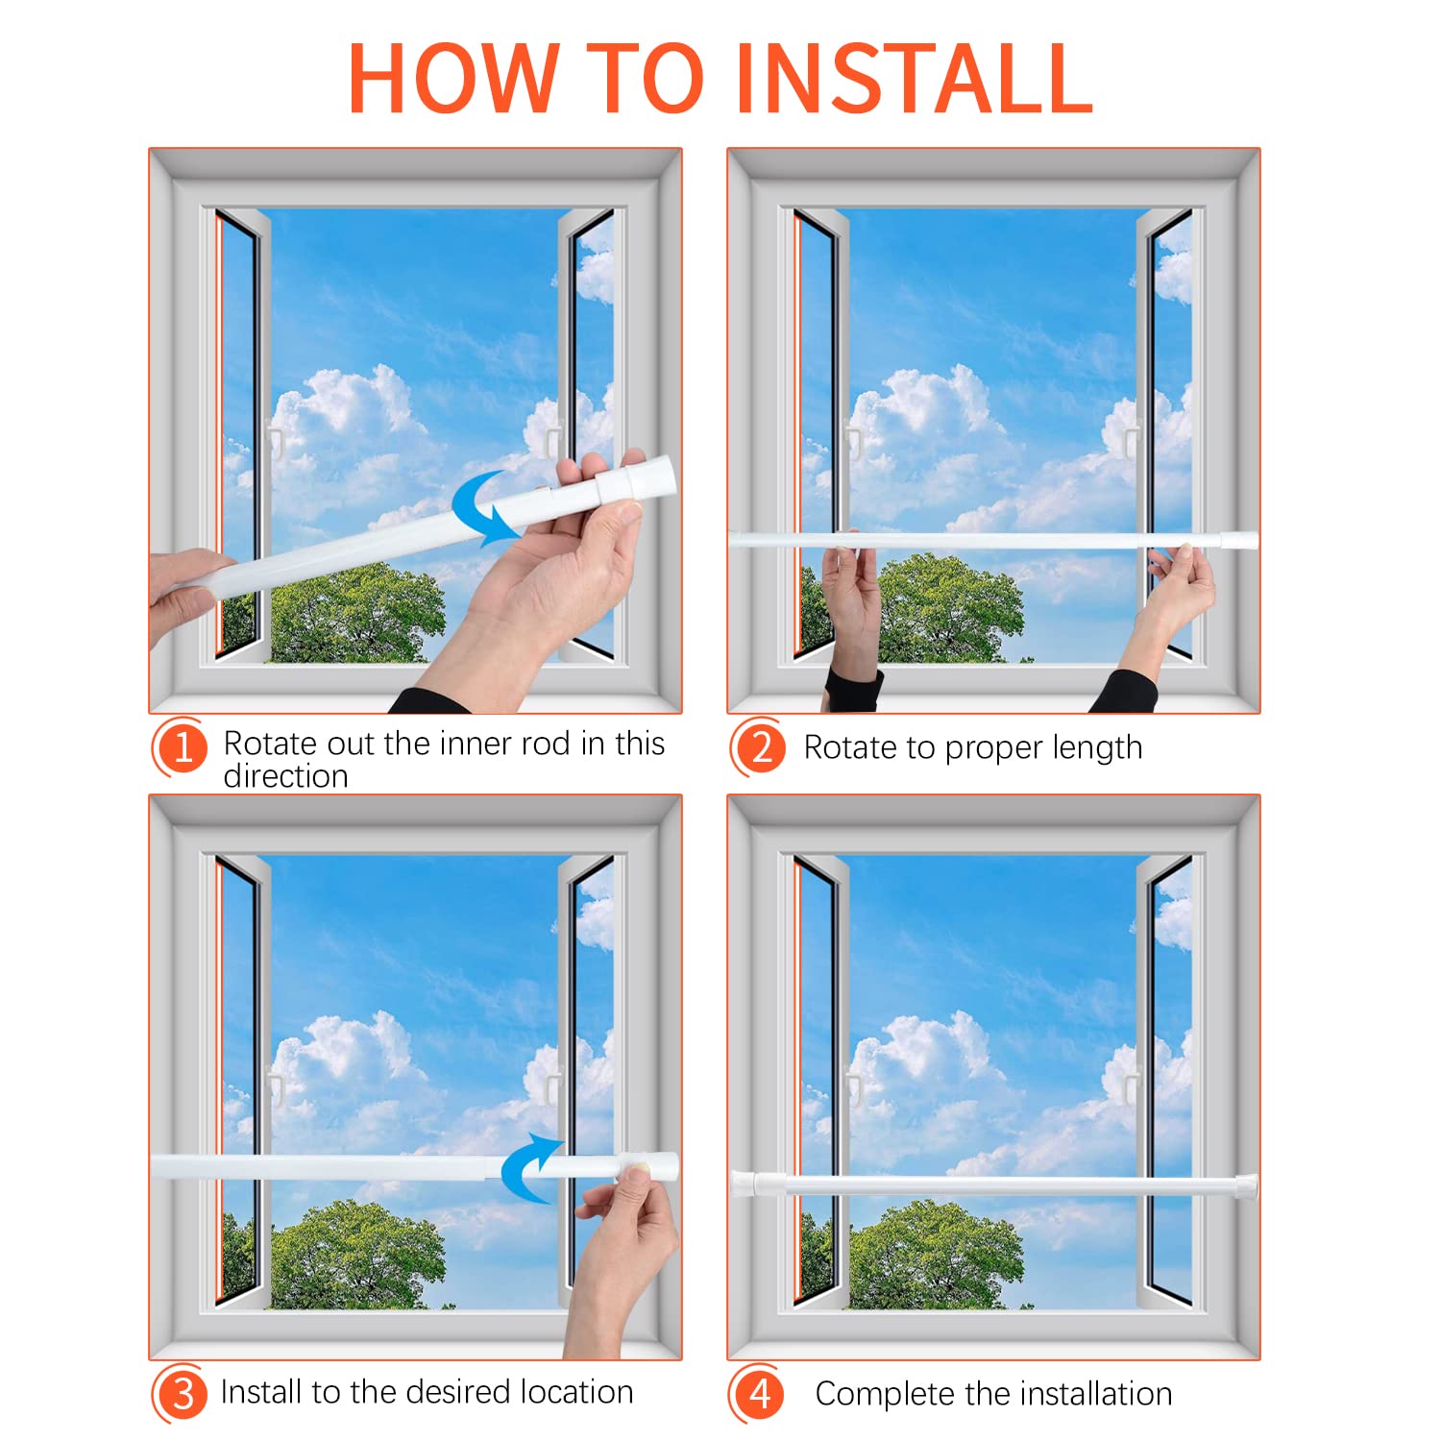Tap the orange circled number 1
click(x=181, y=747)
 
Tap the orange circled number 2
click(x=760, y=746)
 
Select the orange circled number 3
click(x=181, y=1393)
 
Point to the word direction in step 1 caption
click(x=285, y=776)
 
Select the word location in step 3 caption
click(x=579, y=1392)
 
